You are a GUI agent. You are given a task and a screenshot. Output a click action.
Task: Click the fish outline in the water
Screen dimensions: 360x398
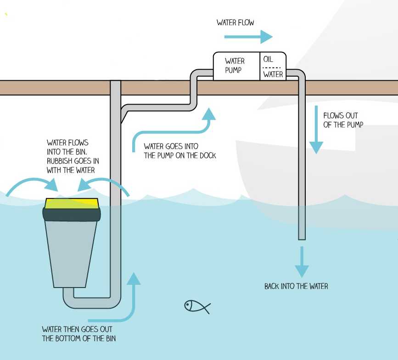[x=196, y=306]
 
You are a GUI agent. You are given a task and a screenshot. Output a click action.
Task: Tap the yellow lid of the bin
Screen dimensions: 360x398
[x=72, y=202]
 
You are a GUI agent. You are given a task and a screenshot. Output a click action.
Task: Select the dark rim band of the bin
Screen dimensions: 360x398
[x=72, y=214]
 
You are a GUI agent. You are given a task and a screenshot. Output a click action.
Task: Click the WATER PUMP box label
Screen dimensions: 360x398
[x=235, y=66]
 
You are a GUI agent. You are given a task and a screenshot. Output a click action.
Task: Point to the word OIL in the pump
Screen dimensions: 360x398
[x=268, y=60]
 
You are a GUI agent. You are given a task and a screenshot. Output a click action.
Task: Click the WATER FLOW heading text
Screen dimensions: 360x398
[x=235, y=22]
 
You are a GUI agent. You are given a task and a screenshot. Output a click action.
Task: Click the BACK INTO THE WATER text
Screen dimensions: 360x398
[x=296, y=286]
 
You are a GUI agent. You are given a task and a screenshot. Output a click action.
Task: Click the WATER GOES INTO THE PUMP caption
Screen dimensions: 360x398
[x=179, y=151]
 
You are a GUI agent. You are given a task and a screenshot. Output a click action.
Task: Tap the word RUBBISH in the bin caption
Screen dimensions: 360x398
[x=63, y=161]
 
